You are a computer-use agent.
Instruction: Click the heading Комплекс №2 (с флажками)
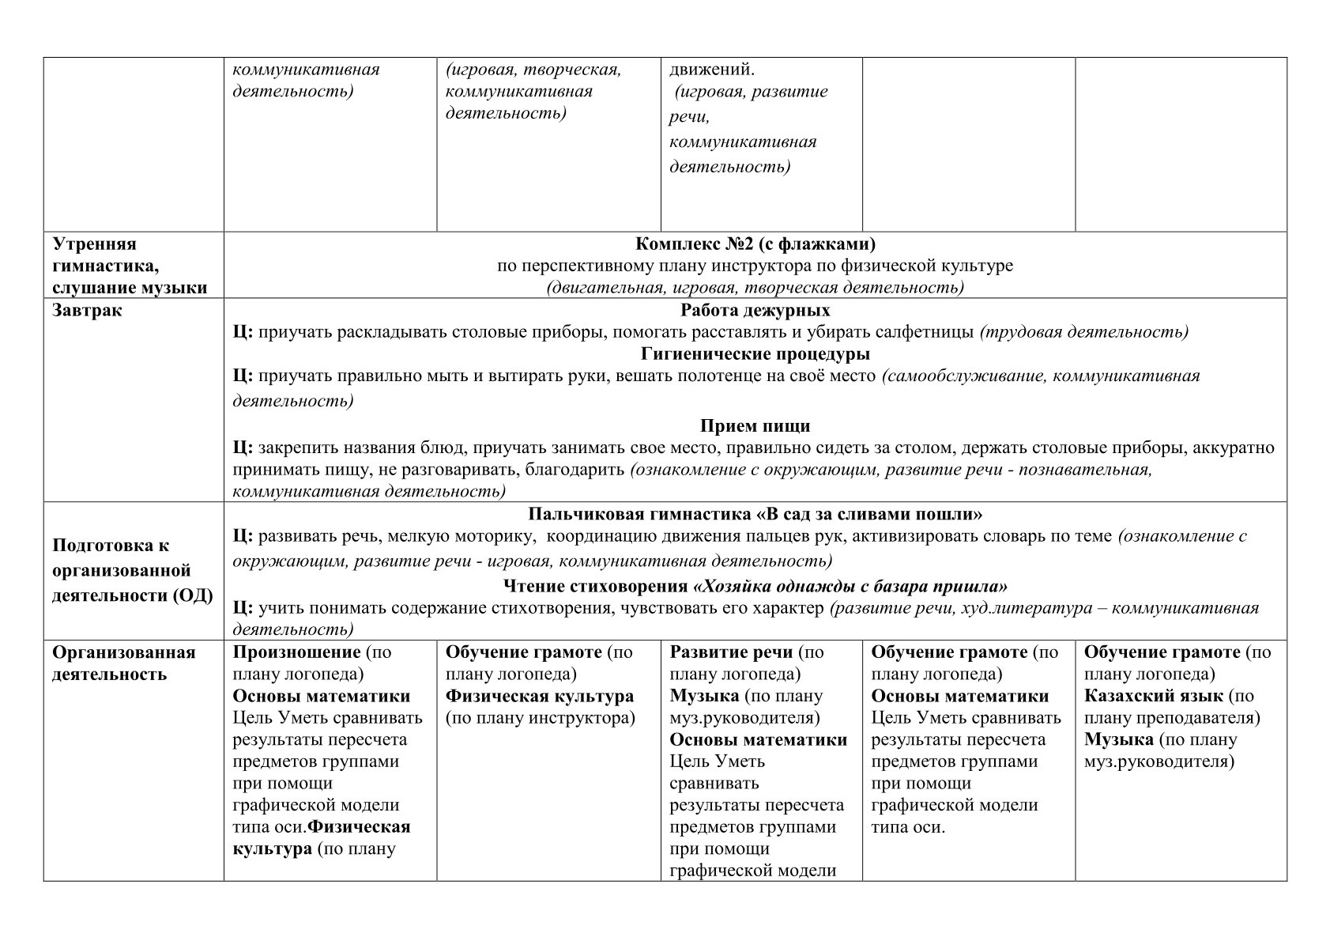click(x=755, y=244)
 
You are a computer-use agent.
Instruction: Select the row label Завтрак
click(x=88, y=310)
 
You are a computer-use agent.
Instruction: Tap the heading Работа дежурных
click(x=755, y=310)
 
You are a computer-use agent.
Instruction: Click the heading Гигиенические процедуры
click(x=755, y=353)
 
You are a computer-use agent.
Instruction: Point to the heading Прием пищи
click(x=755, y=426)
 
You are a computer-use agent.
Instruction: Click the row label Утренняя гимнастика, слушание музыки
click(x=130, y=266)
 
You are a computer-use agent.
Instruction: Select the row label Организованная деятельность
click(x=123, y=663)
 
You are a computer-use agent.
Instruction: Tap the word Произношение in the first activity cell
click(x=296, y=652)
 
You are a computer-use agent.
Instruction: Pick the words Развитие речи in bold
click(x=731, y=652)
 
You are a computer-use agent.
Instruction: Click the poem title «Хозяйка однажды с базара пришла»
click(x=850, y=587)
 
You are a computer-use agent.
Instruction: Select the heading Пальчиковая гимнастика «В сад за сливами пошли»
click(x=755, y=515)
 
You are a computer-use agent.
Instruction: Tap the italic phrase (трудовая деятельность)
click(x=1083, y=332)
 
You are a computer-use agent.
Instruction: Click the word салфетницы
click(x=922, y=332)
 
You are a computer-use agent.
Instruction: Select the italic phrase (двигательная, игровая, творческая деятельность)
click(x=755, y=288)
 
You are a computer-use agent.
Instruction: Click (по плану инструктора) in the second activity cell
click(x=541, y=718)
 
